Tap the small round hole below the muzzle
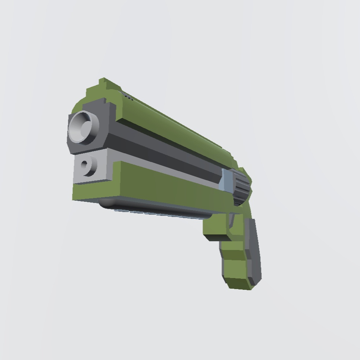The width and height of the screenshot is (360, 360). (x=86, y=165)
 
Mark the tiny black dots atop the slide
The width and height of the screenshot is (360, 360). (x=129, y=98)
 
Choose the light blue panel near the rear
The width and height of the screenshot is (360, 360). (x=226, y=180)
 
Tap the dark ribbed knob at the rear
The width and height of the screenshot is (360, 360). (x=242, y=187)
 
